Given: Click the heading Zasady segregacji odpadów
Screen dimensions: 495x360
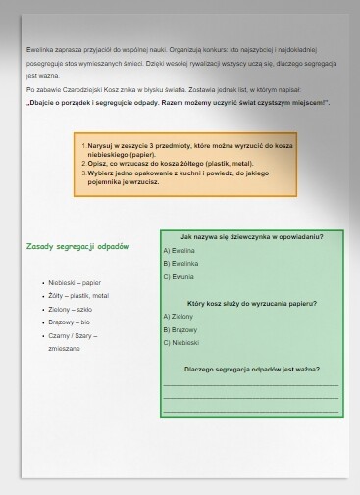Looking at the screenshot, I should pos(77,246).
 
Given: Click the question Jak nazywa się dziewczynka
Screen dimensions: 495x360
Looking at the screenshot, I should pos(252,236).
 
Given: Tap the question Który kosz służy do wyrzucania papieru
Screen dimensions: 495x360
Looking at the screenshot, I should pos(252,304).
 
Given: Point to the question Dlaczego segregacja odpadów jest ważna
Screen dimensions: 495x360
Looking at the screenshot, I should pos(252,370).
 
